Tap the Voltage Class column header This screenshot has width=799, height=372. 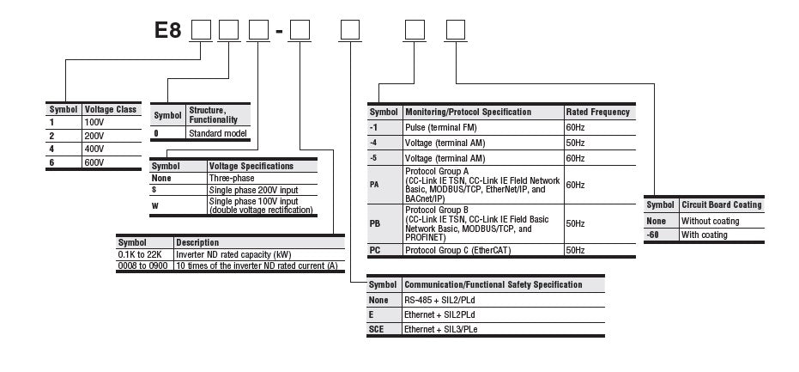point(109,110)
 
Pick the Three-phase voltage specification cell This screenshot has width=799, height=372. point(231,177)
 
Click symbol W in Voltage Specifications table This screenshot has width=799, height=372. point(155,205)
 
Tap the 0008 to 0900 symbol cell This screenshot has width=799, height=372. point(143,265)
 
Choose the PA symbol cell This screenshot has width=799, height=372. point(375,184)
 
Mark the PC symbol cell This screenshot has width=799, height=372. point(375,249)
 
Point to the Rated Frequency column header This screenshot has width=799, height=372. point(597,112)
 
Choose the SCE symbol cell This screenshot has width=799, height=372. point(378,329)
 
